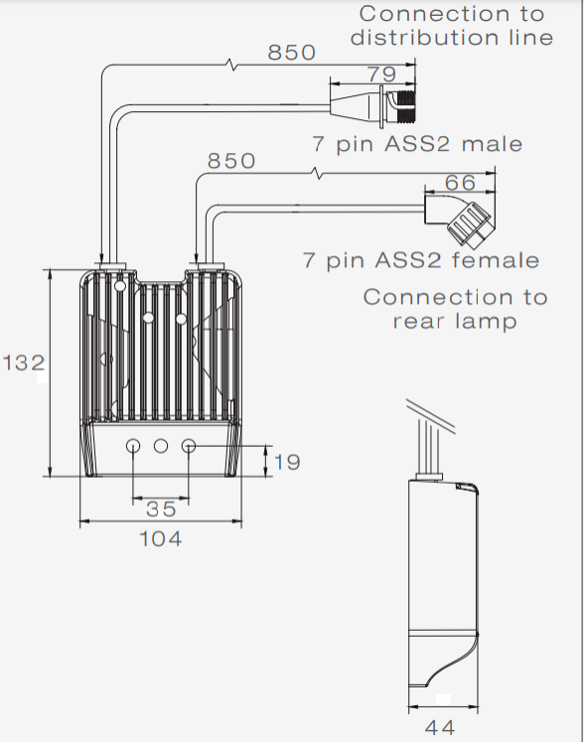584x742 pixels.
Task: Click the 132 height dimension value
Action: [x=24, y=363]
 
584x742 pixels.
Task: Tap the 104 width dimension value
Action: [x=161, y=539]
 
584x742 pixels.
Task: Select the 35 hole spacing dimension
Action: [x=161, y=510]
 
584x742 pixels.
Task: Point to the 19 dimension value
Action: [x=287, y=462]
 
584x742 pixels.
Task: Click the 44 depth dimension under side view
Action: [x=440, y=727]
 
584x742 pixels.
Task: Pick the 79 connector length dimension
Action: [x=382, y=74]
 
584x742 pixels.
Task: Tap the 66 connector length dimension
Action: [x=460, y=183]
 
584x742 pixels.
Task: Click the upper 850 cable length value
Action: [x=292, y=52]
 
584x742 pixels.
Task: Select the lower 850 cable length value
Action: [x=231, y=161]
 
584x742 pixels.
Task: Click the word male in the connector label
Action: [x=492, y=143]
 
